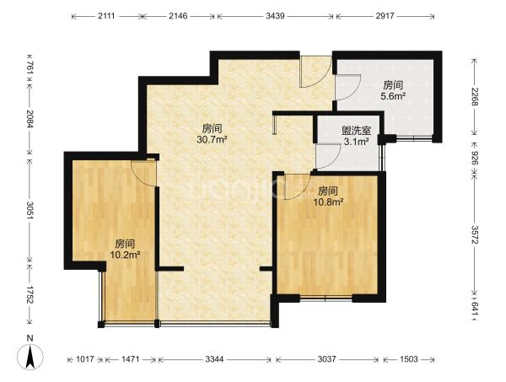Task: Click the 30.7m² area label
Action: pyautogui.click(x=212, y=140)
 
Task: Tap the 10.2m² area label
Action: pyautogui.click(x=125, y=255)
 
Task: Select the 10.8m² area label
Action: pyautogui.click(x=328, y=202)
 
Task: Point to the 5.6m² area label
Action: pyautogui.click(x=393, y=96)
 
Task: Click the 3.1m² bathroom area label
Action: pyautogui.click(x=356, y=142)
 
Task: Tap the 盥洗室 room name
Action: pyautogui.click(x=356, y=131)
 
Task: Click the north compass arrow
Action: pyautogui.click(x=30, y=357)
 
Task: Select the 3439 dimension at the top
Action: pyautogui.click(x=275, y=16)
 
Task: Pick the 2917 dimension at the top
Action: pyautogui.click(x=385, y=16)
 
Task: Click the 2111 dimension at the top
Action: pyautogui.click(x=106, y=16)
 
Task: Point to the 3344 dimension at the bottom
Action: pyautogui.click(x=214, y=359)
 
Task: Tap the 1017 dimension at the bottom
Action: pyautogui.click(x=85, y=359)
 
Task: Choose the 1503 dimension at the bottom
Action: pyautogui.click(x=408, y=359)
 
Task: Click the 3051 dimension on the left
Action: pyautogui.click(x=30, y=211)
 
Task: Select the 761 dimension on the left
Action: pyautogui.click(x=30, y=68)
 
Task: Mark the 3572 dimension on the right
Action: pyautogui.click(x=475, y=235)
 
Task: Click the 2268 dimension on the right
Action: pyautogui.click(x=475, y=97)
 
